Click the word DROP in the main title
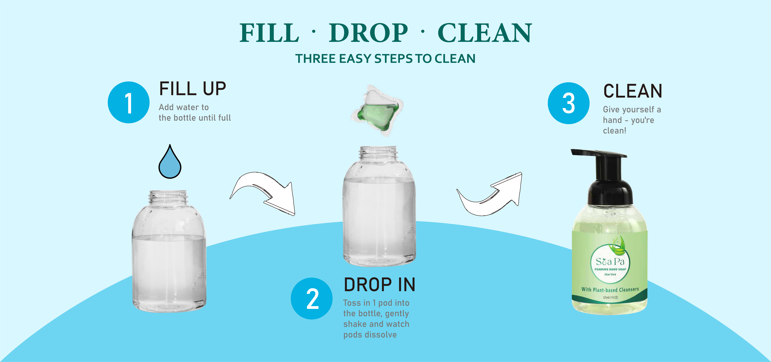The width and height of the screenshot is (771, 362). tap(368, 33)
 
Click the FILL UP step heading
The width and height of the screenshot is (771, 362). tap(192, 89)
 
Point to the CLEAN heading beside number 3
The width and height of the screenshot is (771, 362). tap(632, 91)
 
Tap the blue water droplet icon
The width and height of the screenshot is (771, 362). tap(170, 163)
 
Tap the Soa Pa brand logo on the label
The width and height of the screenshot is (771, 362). tap(610, 262)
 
